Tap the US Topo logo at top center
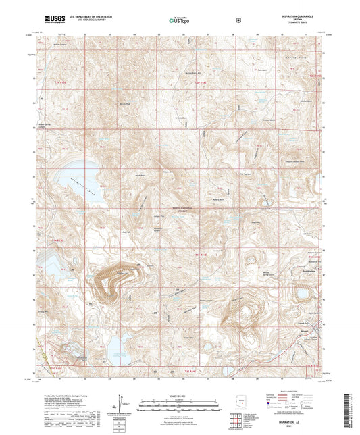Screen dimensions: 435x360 [x=179, y=20]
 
